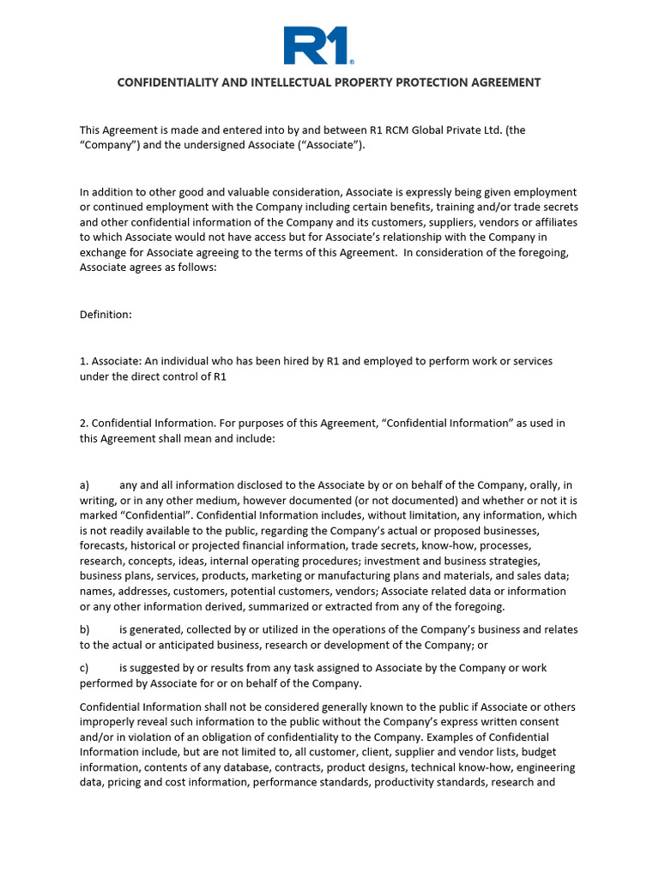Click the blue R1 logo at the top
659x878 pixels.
(318, 45)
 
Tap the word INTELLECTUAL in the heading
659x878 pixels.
(287, 82)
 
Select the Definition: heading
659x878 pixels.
(106, 315)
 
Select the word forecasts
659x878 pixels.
(104, 546)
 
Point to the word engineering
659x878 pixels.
(544, 767)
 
